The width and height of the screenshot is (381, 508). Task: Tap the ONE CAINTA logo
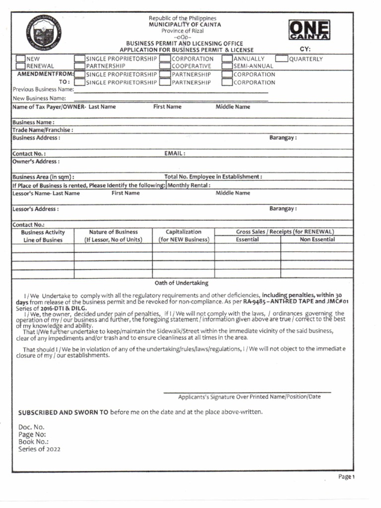coord(309,30)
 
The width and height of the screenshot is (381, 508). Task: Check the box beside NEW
coord(20,59)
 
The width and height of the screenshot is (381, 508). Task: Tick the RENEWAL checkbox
coord(20,66)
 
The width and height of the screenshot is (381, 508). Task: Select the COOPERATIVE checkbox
coord(165,66)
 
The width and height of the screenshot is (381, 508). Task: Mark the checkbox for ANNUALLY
coord(227,59)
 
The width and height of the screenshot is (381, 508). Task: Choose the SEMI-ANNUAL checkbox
coord(227,66)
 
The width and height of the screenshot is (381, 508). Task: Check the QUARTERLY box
coord(281,59)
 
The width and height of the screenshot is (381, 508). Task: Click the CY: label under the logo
coord(305,50)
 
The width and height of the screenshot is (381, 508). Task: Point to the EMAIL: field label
coord(175,154)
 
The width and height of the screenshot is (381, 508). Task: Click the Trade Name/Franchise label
coord(43,130)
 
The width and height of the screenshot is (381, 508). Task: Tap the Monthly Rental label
coord(189,185)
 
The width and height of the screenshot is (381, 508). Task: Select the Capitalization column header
coord(184,232)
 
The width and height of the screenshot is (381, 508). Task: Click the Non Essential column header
coord(317,240)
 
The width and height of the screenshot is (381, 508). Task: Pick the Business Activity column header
coord(43,232)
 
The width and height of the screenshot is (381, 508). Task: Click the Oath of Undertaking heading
coord(182,283)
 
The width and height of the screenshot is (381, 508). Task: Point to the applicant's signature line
coord(247,392)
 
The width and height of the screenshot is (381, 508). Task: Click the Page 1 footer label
coord(347,477)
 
